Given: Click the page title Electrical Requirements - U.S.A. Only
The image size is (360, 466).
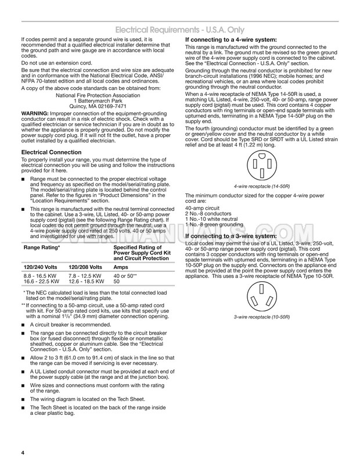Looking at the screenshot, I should click(x=179, y=30).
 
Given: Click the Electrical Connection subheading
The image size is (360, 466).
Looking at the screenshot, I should click(x=46, y=153).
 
